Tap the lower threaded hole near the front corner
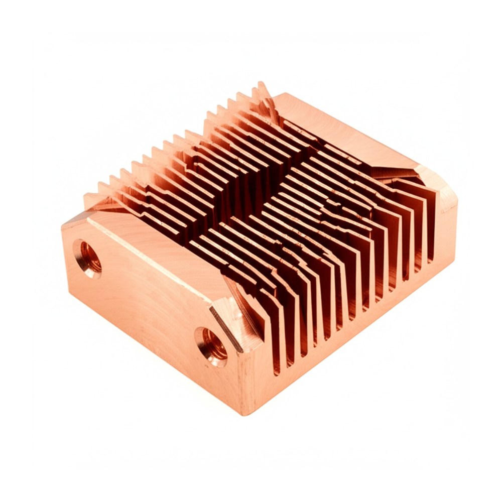pos(211,345)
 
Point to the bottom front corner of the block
pos(245,413)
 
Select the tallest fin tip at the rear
pos(261,85)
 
